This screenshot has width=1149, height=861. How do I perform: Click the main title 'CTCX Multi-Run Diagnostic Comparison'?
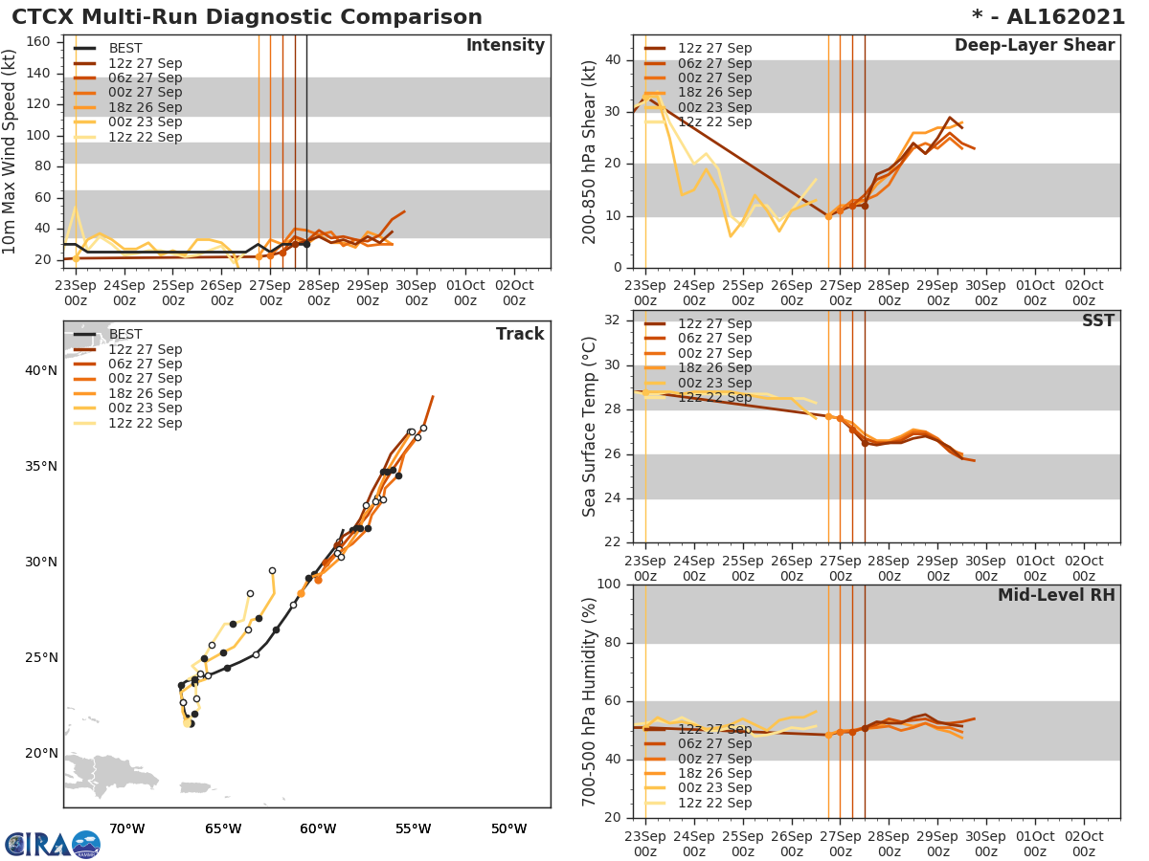tap(247, 17)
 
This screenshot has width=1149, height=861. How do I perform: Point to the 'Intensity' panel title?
tap(505, 46)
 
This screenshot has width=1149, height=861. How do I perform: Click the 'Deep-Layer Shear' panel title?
tap(1034, 46)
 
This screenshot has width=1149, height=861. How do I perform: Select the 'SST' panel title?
tap(1097, 321)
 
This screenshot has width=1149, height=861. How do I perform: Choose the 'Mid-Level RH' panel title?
tap(1056, 596)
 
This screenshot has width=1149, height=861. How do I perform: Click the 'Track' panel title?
tap(520, 334)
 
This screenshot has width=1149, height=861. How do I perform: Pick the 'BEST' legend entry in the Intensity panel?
tap(125, 49)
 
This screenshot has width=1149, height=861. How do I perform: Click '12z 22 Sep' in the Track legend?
tap(145, 423)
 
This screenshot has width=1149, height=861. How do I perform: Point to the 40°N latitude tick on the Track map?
tap(40, 371)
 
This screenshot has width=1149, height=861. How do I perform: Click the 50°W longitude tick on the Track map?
tap(508, 828)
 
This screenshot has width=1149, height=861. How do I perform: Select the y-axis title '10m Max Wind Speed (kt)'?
tap(11, 153)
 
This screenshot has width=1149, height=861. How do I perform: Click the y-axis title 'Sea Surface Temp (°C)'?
tap(590, 426)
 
